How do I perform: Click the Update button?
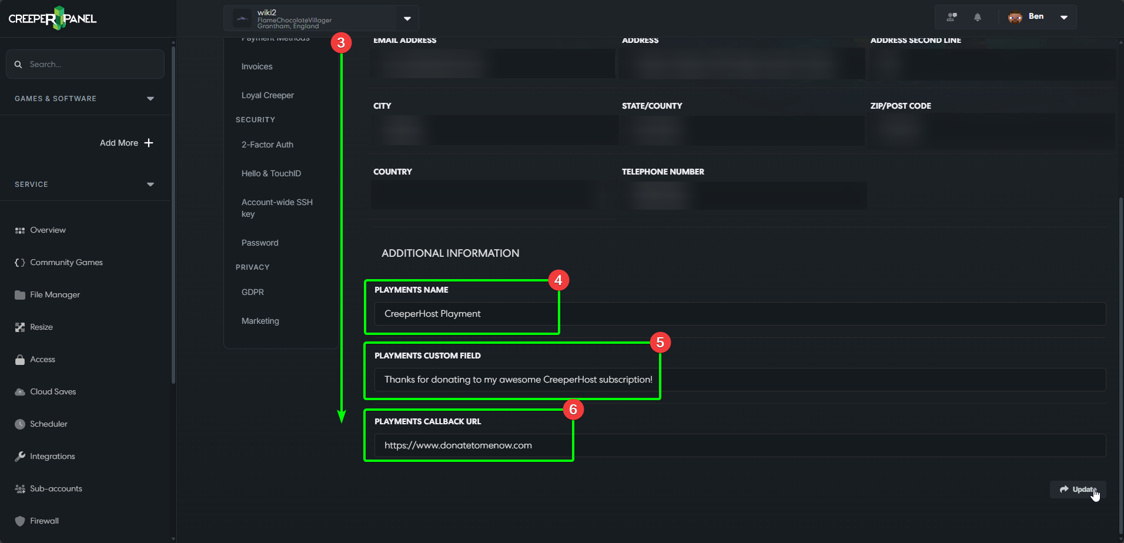click(x=1078, y=490)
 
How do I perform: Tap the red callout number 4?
click(x=558, y=280)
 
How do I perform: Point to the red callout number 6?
click(x=573, y=410)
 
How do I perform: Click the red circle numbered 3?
click(x=341, y=43)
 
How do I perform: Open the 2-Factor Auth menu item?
click(x=267, y=145)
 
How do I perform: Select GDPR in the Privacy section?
click(x=253, y=292)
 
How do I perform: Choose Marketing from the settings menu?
click(x=260, y=321)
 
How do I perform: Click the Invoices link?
click(x=257, y=66)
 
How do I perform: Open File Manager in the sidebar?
click(x=55, y=294)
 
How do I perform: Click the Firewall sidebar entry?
click(x=44, y=521)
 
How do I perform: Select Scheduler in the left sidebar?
click(x=48, y=424)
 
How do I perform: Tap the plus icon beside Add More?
click(x=149, y=143)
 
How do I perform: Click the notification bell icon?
click(x=978, y=17)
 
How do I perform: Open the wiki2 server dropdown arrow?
click(x=407, y=19)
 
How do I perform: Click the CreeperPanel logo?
click(x=53, y=18)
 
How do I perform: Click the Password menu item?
click(x=260, y=243)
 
